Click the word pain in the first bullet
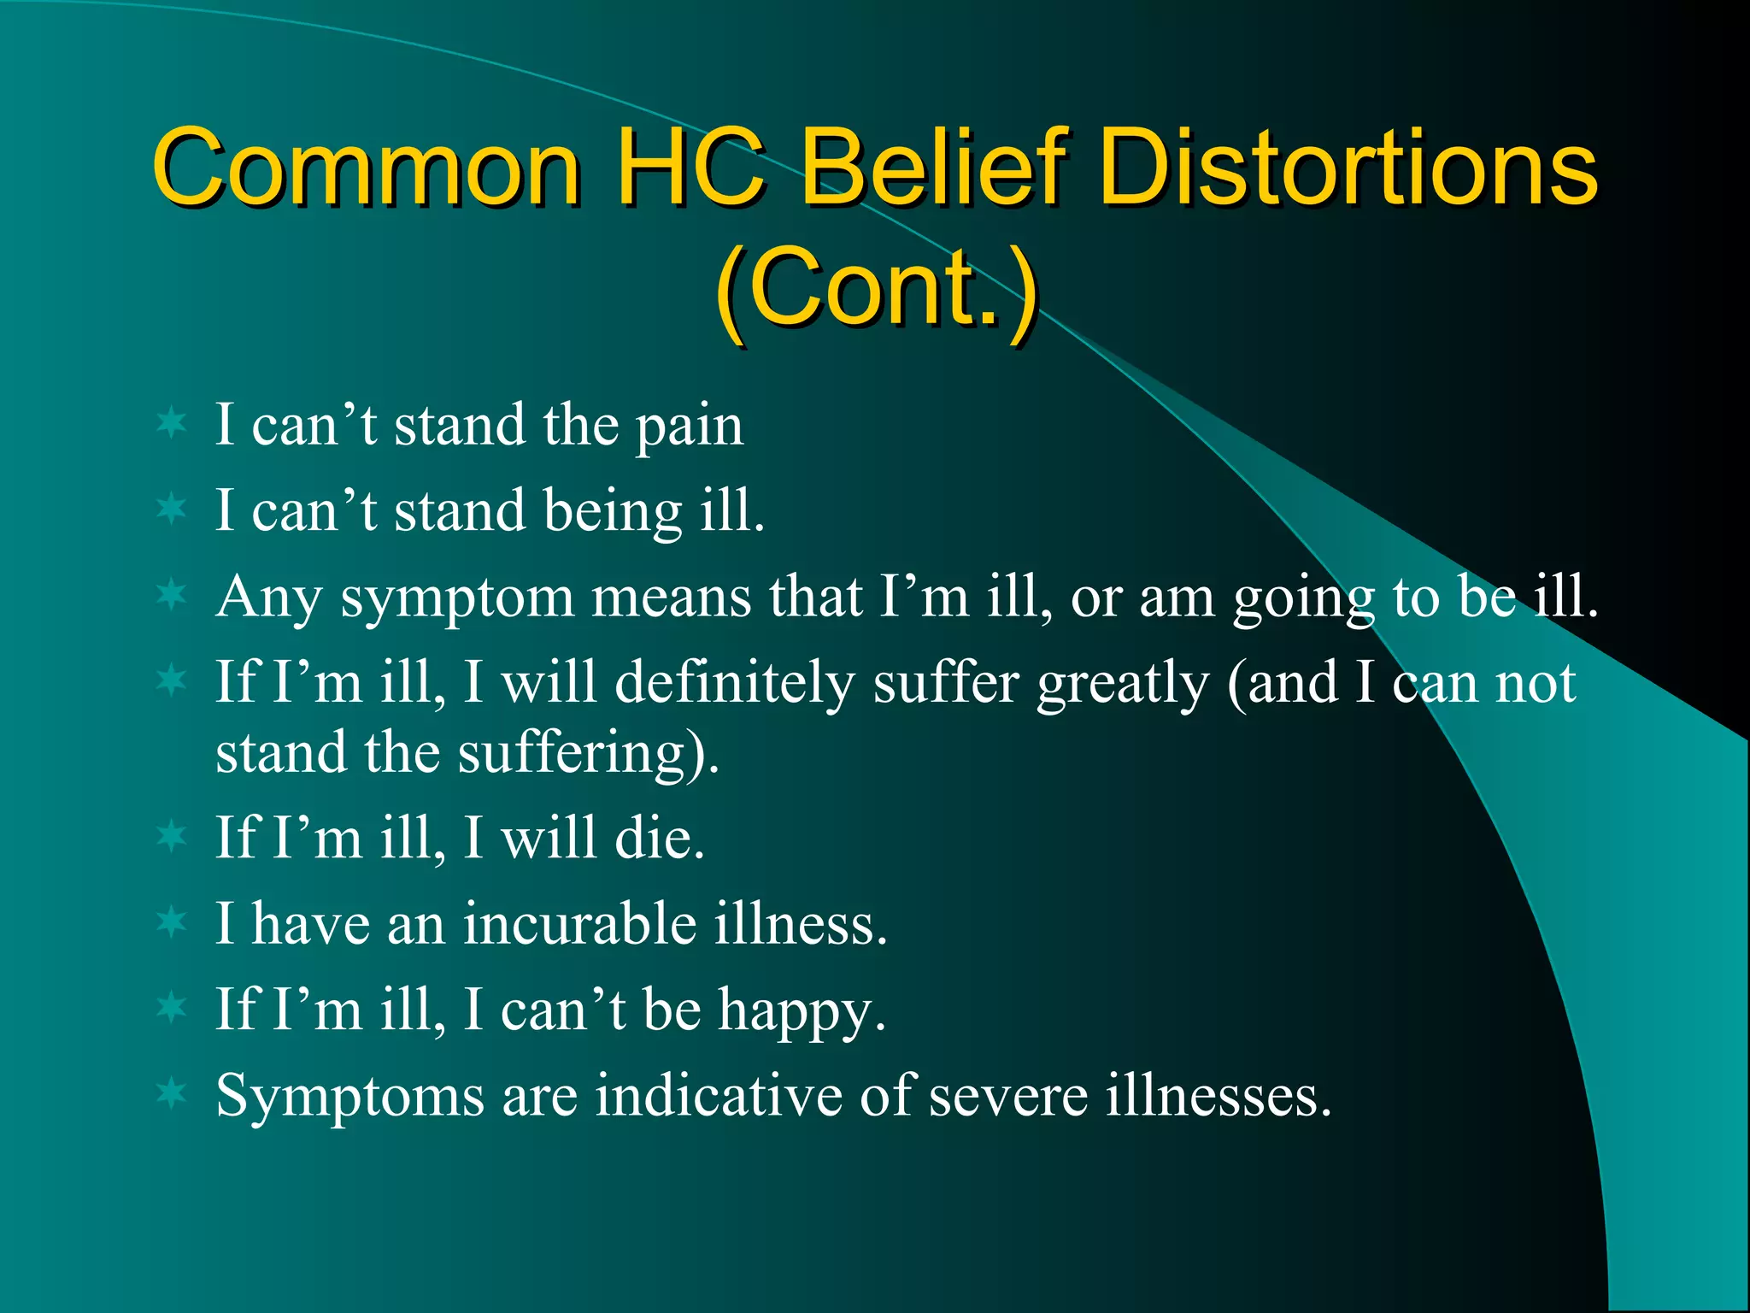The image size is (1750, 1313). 689,427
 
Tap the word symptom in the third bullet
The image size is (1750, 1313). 457,599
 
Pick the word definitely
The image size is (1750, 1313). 735,684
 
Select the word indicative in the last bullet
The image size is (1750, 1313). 718,1096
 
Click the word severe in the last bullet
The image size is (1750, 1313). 1007,1097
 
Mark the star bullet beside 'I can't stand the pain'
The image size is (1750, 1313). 172,423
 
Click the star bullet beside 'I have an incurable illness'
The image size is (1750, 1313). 172,921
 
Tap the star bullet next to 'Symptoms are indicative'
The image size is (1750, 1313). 172,1093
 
